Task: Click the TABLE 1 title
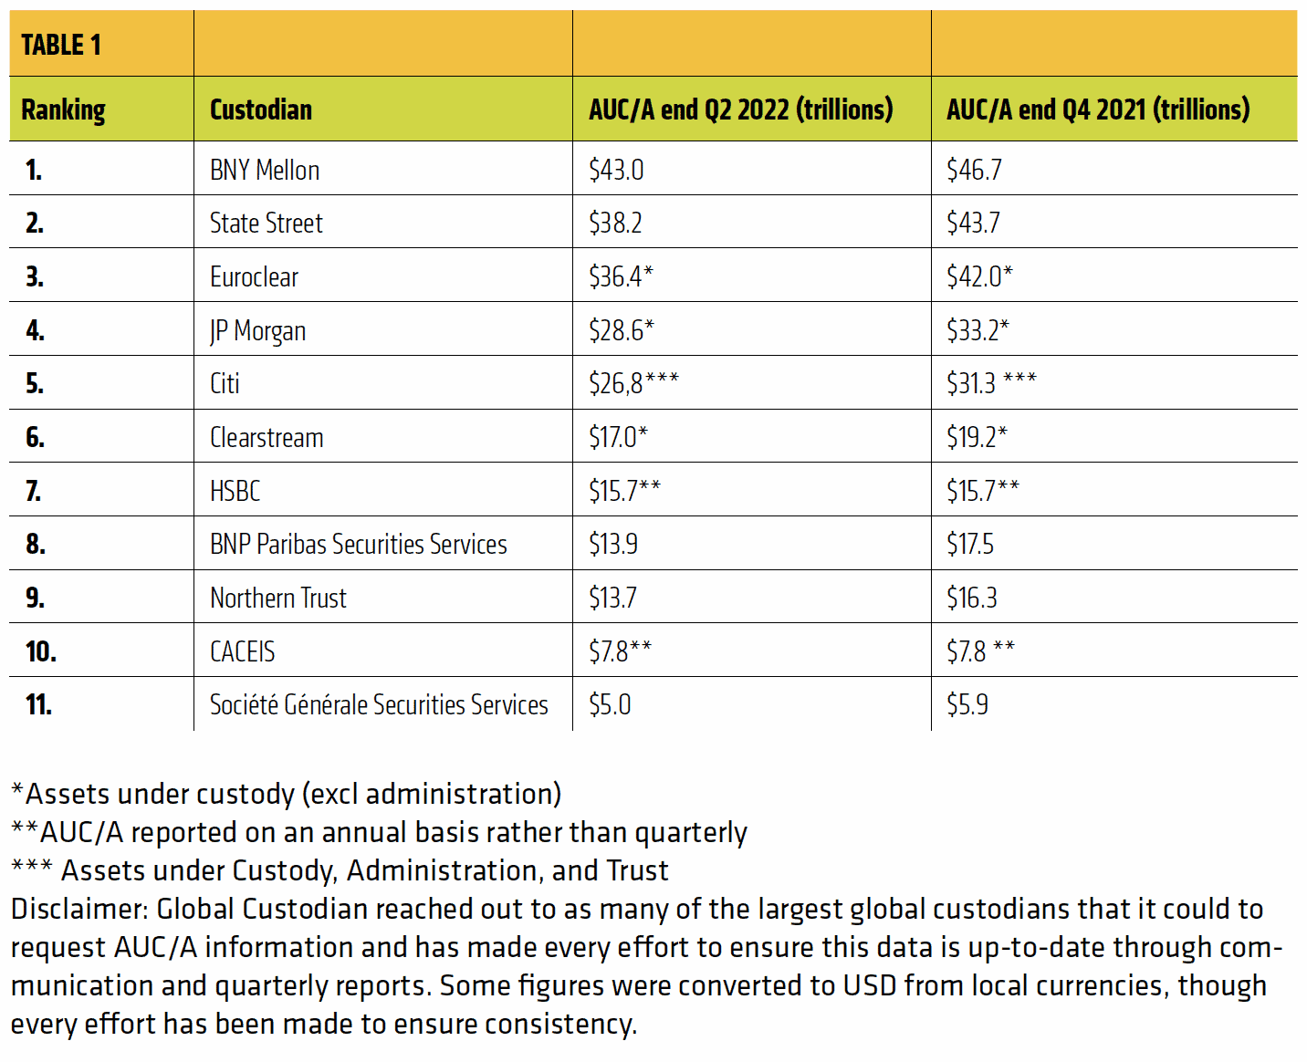61,45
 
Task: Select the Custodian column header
261,109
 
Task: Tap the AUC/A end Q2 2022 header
740,109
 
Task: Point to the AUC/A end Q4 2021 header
1097,109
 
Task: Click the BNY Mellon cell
265,170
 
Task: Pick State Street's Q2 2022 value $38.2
615,223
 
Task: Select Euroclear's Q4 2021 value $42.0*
979,276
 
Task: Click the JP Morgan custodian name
257,330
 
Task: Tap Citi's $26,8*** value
633,383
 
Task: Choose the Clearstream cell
267,437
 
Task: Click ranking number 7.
34,491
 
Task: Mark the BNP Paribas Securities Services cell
359,544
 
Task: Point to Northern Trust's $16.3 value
972,598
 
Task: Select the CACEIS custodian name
243,651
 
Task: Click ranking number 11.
39,704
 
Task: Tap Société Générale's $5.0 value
610,704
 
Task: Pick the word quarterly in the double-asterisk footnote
691,832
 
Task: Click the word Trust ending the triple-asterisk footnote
637,870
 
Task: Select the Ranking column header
63,109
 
